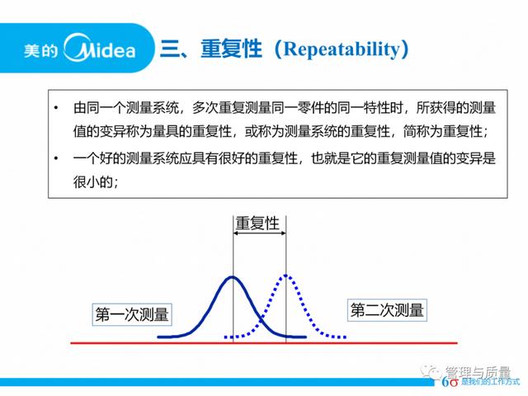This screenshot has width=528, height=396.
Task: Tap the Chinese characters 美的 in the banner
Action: point(40,50)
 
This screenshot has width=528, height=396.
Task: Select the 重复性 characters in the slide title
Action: point(231,49)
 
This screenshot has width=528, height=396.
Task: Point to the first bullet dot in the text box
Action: point(56,108)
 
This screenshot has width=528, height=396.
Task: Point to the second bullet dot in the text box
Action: point(56,158)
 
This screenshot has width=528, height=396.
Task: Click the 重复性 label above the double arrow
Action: point(257,224)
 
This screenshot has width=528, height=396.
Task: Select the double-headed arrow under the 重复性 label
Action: point(259,233)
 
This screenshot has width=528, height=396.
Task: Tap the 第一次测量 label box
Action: point(132,314)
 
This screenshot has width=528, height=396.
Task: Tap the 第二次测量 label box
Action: point(387,310)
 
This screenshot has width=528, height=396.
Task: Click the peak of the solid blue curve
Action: point(233,277)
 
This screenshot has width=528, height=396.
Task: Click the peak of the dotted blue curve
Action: point(285,276)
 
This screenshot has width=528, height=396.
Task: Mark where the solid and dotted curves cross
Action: point(261,318)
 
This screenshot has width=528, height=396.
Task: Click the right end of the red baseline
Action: point(457,343)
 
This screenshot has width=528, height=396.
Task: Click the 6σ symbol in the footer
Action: point(450,382)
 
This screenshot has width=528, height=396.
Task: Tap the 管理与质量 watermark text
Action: point(478,372)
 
